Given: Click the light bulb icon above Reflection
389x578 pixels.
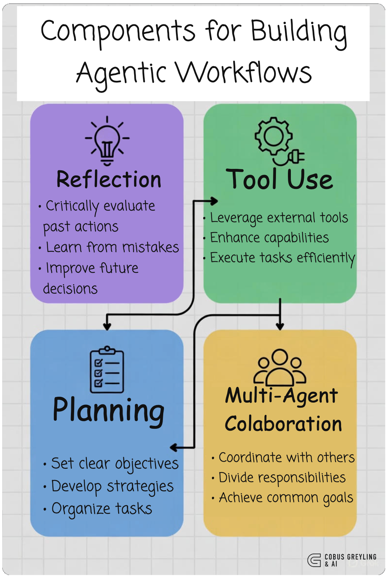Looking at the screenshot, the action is click(x=107, y=140).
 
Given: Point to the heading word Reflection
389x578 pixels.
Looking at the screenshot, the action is click(x=109, y=179).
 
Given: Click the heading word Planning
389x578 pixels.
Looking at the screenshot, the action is click(x=109, y=410).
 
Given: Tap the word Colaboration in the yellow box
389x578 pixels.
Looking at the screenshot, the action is click(x=283, y=424).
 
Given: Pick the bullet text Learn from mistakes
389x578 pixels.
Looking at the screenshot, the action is click(x=112, y=248).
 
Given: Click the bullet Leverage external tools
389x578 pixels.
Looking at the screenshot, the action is click(x=279, y=218).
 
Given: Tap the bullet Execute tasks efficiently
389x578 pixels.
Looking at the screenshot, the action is click(x=282, y=258).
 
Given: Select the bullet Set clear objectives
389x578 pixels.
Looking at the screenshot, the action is click(x=115, y=464).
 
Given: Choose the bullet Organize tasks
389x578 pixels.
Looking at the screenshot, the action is click(x=101, y=509).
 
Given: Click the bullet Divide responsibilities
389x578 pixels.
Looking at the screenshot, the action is click(x=282, y=478).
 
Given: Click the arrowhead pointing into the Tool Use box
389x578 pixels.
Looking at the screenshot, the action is click(x=214, y=201).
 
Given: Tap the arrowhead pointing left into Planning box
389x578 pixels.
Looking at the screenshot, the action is click(x=174, y=447).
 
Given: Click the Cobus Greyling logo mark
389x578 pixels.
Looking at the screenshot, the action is click(x=314, y=560).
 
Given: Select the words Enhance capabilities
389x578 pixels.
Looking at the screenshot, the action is click(x=269, y=238).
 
